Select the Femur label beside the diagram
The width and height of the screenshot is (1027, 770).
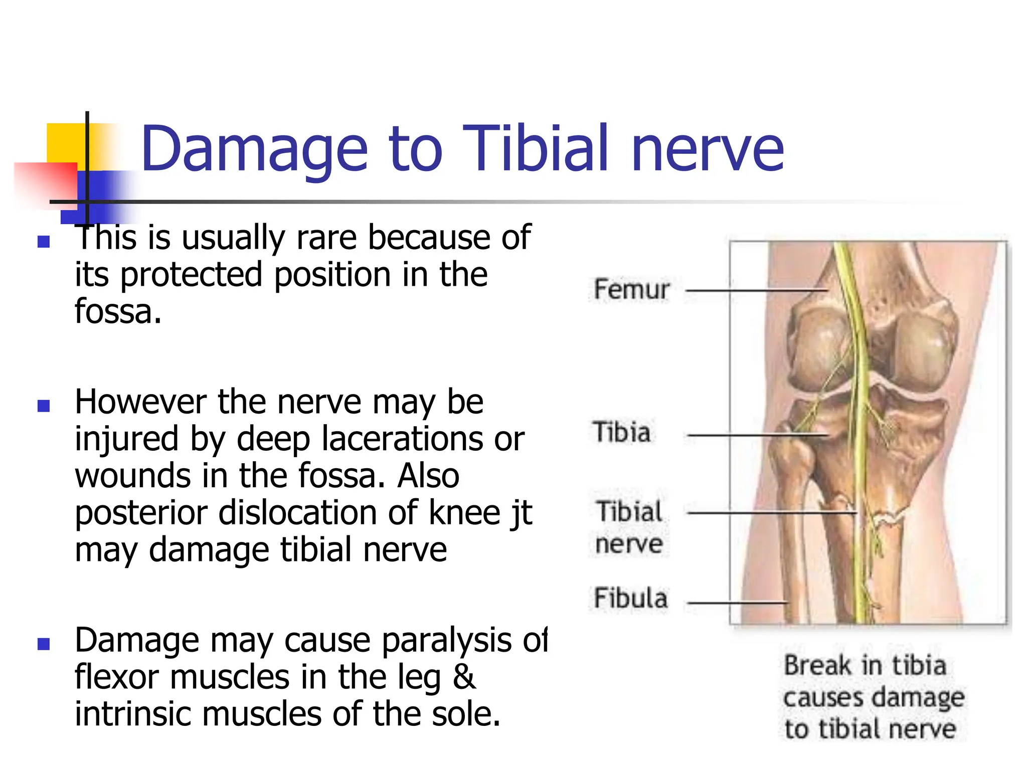tap(631, 290)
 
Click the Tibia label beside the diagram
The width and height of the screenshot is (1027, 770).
tap(622, 432)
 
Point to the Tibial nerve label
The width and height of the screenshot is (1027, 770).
tap(629, 527)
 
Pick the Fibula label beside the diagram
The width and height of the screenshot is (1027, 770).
tap(631, 598)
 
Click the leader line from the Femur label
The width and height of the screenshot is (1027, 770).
tap(755, 290)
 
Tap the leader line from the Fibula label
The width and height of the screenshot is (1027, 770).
tap(737, 603)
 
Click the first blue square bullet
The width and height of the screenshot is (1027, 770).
tap(44, 242)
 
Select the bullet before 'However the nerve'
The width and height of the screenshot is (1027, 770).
tap(44, 406)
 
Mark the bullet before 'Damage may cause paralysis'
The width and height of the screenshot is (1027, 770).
tap(44, 644)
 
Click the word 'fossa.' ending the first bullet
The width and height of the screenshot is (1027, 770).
tap(118, 311)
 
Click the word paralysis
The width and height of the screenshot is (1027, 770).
tap(446, 641)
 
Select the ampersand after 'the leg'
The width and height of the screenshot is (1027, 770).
tap(463, 677)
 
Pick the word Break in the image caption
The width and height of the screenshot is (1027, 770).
tap(818, 666)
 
